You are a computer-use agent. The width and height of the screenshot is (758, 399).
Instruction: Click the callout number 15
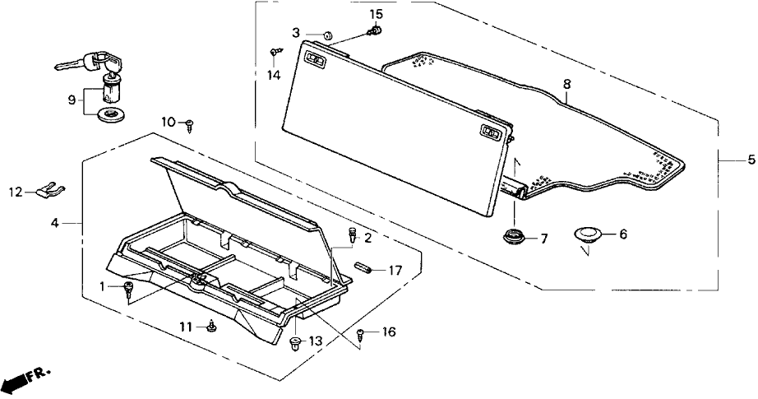point(376,14)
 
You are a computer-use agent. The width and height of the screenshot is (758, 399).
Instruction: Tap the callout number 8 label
point(566,84)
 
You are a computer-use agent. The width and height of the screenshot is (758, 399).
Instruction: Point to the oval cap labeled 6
point(587,234)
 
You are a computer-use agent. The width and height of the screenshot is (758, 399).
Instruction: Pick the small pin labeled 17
point(364,268)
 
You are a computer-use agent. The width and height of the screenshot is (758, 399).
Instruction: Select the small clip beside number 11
point(211,327)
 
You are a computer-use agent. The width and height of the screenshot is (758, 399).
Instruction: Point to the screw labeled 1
point(129,288)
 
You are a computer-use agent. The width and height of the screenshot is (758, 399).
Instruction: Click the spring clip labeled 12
point(52,191)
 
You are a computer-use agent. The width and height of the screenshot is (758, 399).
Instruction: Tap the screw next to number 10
point(191,125)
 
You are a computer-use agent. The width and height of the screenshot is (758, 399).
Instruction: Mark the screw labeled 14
point(274,53)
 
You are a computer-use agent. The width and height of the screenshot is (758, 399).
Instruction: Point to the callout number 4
point(54,222)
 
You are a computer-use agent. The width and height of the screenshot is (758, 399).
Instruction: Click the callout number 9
point(72,100)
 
